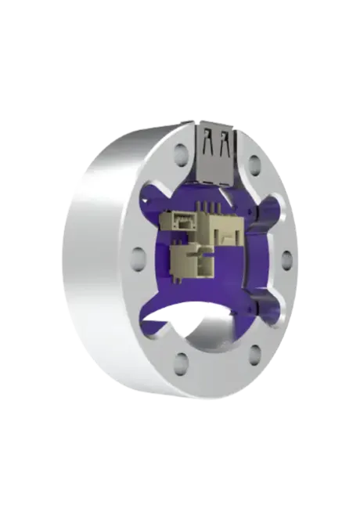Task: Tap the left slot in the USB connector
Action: [x=207, y=145]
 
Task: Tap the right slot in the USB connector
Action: [x=225, y=145]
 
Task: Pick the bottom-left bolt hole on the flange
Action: [x=181, y=360]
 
